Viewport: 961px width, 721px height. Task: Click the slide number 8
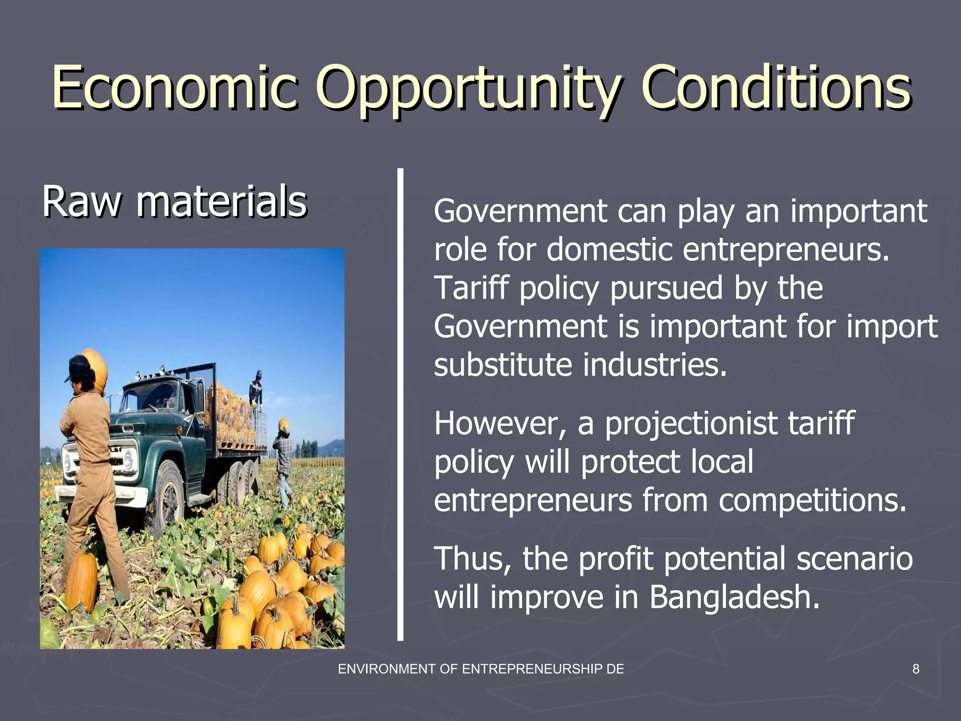tap(915, 669)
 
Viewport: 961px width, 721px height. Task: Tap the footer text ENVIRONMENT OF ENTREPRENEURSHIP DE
tap(480, 669)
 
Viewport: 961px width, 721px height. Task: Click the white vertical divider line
tap(400, 404)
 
